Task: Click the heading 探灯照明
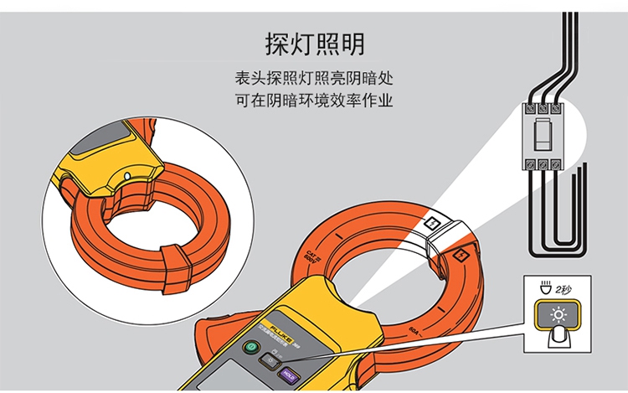[x=314, y=43]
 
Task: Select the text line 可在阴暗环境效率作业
[x=314, y=102]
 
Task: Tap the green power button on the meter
[x=250, y=349]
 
